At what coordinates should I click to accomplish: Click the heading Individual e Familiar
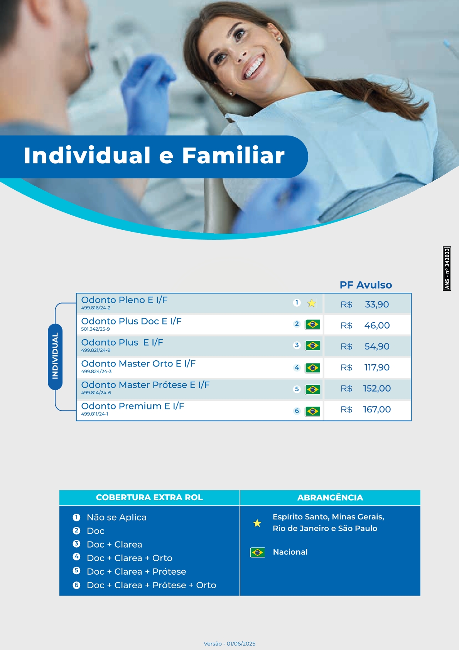(154, 156)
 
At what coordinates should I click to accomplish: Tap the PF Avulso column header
(365, 285)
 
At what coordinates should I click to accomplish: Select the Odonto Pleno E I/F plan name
(124, 300)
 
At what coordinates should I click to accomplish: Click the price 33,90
(376, 304)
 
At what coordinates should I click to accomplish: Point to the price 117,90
(376, 367)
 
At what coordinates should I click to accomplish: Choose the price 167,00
(376, 409)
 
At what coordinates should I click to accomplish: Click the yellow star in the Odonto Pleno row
(311, 303)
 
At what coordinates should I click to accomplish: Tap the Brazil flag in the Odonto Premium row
(312, 411)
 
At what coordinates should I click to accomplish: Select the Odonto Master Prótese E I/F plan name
(145, 385)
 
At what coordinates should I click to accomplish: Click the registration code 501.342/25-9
(95, 329)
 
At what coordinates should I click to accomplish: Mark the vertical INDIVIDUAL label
(55, 356)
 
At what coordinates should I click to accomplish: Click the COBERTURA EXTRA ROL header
(149, 497)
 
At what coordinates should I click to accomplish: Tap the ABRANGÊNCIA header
(330, 497)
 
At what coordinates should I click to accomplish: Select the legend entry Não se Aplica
(116, 518)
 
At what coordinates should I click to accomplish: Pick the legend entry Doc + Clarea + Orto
(129, 558)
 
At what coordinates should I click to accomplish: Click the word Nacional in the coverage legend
(290, 552)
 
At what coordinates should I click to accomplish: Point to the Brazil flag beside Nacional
(257, 552)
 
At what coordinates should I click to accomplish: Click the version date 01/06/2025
(241, 644)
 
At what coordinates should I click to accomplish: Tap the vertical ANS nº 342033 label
(447, 268)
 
